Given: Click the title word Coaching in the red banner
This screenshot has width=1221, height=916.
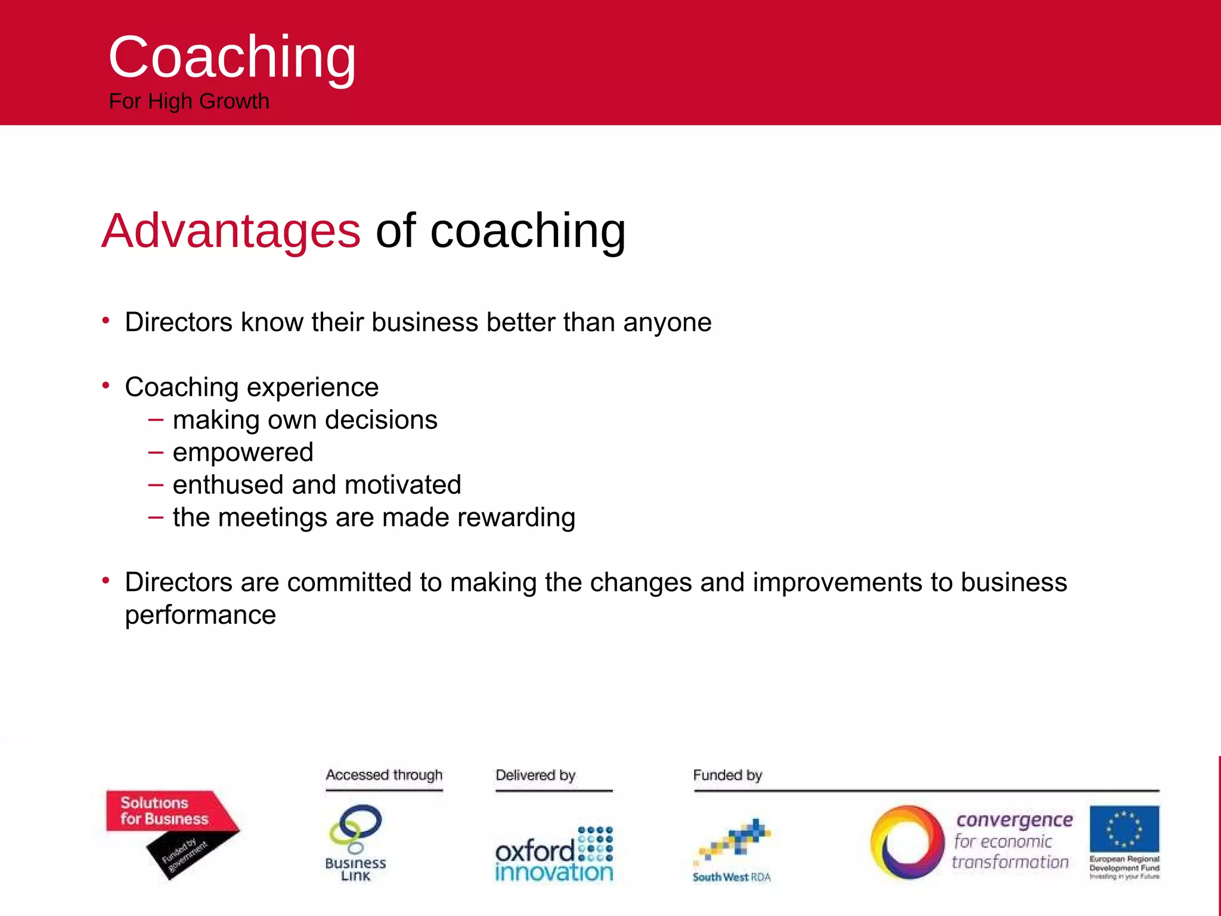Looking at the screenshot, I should tap(232, 57).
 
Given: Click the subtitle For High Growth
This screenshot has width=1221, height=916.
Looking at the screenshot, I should tap(189, 101).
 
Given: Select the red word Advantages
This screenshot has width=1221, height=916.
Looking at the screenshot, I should tap(231, 231).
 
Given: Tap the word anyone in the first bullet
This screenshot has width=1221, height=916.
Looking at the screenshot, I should tap(667, 323).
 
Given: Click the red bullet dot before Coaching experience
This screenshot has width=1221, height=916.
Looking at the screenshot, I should tap(106, 386).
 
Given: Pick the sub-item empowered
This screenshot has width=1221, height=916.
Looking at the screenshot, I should tap(243, 453).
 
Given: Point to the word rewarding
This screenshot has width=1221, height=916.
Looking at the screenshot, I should tap(516, 518).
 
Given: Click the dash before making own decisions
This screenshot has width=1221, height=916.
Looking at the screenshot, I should tap(156, 419).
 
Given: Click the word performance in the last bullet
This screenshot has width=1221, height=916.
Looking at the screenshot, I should tap(200, 615).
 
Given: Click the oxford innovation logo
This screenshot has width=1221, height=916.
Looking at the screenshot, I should tap(554, 854).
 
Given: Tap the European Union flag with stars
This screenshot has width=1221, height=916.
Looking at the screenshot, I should tap(1124, 829).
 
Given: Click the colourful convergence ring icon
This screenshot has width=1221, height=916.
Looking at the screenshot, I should tap(907, 843).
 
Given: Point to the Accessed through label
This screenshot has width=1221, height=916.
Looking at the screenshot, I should tap(384, 775).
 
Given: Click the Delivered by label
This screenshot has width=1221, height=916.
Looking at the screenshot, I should tap(535, 775).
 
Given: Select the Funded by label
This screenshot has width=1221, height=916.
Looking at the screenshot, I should tap(727, 775).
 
